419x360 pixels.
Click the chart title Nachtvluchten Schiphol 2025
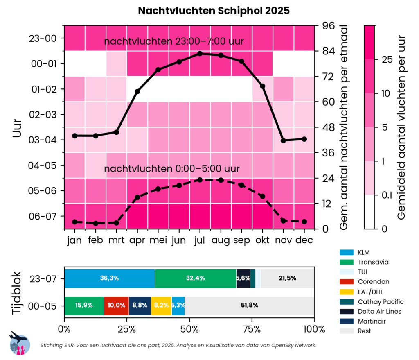pyautogui.click(x=214, y=11)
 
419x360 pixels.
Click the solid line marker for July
pyautogui.click(x=200, y=53)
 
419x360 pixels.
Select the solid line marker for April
pyautogui.click(x=137, y=91)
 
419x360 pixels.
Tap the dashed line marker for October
pyautogui.click(x=262, y=196)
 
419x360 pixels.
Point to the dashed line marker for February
pyautogui.click(x=95, y=223)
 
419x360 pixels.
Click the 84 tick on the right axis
pyautogui.click(x=329, y=51)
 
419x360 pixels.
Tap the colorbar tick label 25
pyautogui.click(x=387, y=60)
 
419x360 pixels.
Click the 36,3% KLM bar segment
pyautogui.click(x=109, y=278)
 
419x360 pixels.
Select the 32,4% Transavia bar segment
pyautogui.click(x=195, y=278)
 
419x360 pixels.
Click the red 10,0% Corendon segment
pyautogui.click(x=116, y=306)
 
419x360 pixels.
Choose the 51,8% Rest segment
pyautogui.click(x=250, y=306)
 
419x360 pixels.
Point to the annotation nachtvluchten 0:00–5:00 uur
pyautogui.click(x=172, y=169)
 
